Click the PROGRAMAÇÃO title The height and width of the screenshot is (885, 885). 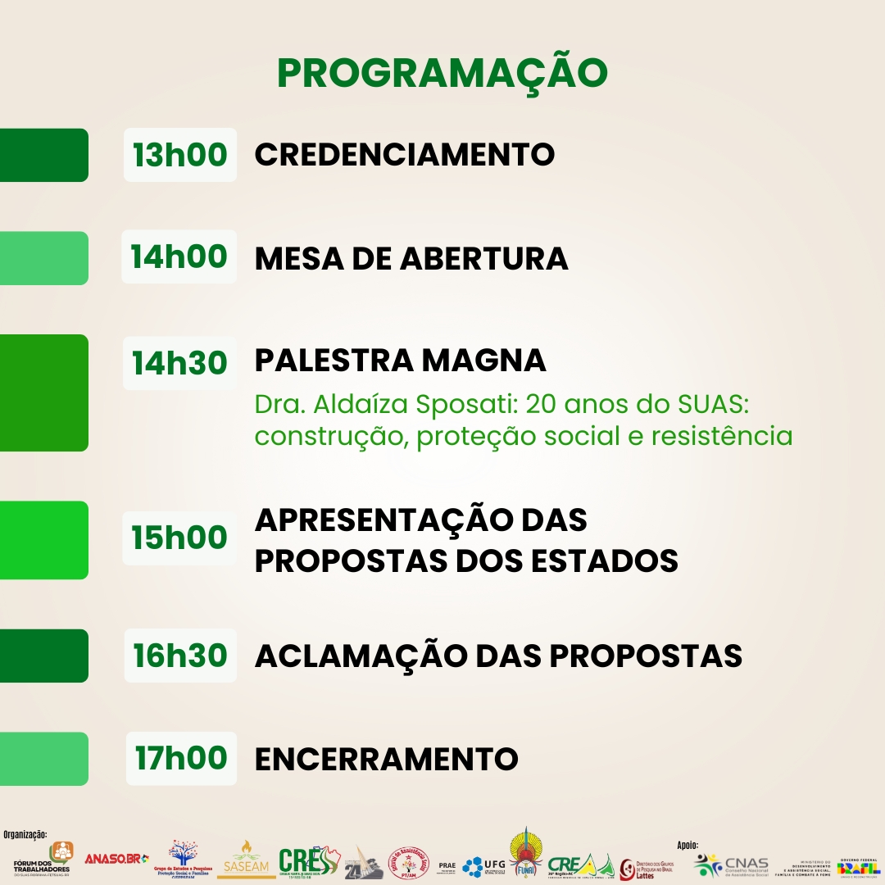click(x=442, y=74)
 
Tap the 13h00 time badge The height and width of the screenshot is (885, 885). click(x=180, y=154)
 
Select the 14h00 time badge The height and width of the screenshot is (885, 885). click(x=179, y=256)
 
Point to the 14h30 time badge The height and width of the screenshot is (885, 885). click(x=180, y=362)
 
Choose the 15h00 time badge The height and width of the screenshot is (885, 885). click(x=179, y=538)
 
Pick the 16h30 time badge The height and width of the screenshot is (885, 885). click(x=180, y=656)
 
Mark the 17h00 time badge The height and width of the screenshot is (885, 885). click(x=180, y=758)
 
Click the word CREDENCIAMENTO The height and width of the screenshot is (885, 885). click(x=405, y=154)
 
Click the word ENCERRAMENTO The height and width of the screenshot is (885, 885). click(x=387, y=759)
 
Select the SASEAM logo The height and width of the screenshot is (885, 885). click(x=246, y=860)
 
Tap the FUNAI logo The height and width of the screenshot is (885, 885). click(x=525, y=855)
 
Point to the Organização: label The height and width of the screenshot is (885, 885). click(x=25, y=834)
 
